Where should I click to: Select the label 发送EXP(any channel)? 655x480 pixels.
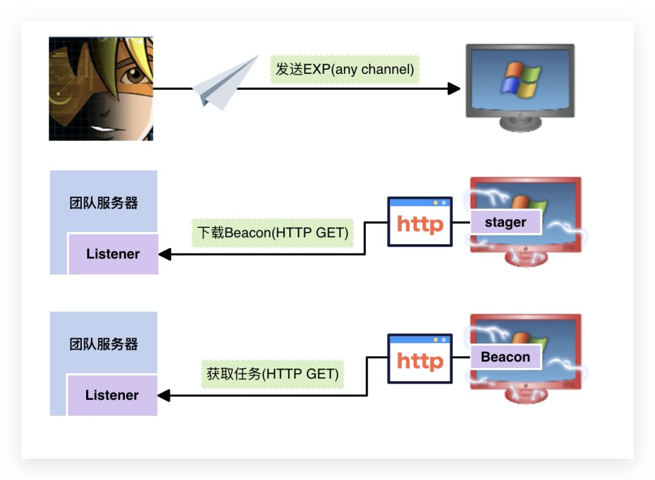tap(344, 69)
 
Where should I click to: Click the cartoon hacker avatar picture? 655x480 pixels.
tap(101, 88)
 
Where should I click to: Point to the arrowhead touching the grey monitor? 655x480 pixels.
tap(454, 89)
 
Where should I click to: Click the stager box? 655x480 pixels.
tap(505, 222)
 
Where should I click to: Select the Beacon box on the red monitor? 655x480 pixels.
tap(505, 357)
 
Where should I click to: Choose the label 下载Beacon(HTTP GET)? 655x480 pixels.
tap(273, 232)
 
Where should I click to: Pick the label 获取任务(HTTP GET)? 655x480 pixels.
tap(272, 374)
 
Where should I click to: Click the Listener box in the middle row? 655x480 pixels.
tap(113, 254)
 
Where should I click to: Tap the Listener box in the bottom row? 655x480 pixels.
tap(112, 395)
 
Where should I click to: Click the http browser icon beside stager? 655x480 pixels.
tap(420, 222)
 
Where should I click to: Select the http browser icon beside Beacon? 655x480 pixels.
tap(420, 359)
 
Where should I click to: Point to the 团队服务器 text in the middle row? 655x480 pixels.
tap(104, 203)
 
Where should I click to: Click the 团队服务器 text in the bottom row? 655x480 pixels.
tap(104, 344)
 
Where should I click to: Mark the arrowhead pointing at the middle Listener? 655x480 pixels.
tap(164, 255)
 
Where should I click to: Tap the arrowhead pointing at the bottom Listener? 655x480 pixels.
tap(164, 396)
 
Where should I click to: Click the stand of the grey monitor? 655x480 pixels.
tap(520, 123)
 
